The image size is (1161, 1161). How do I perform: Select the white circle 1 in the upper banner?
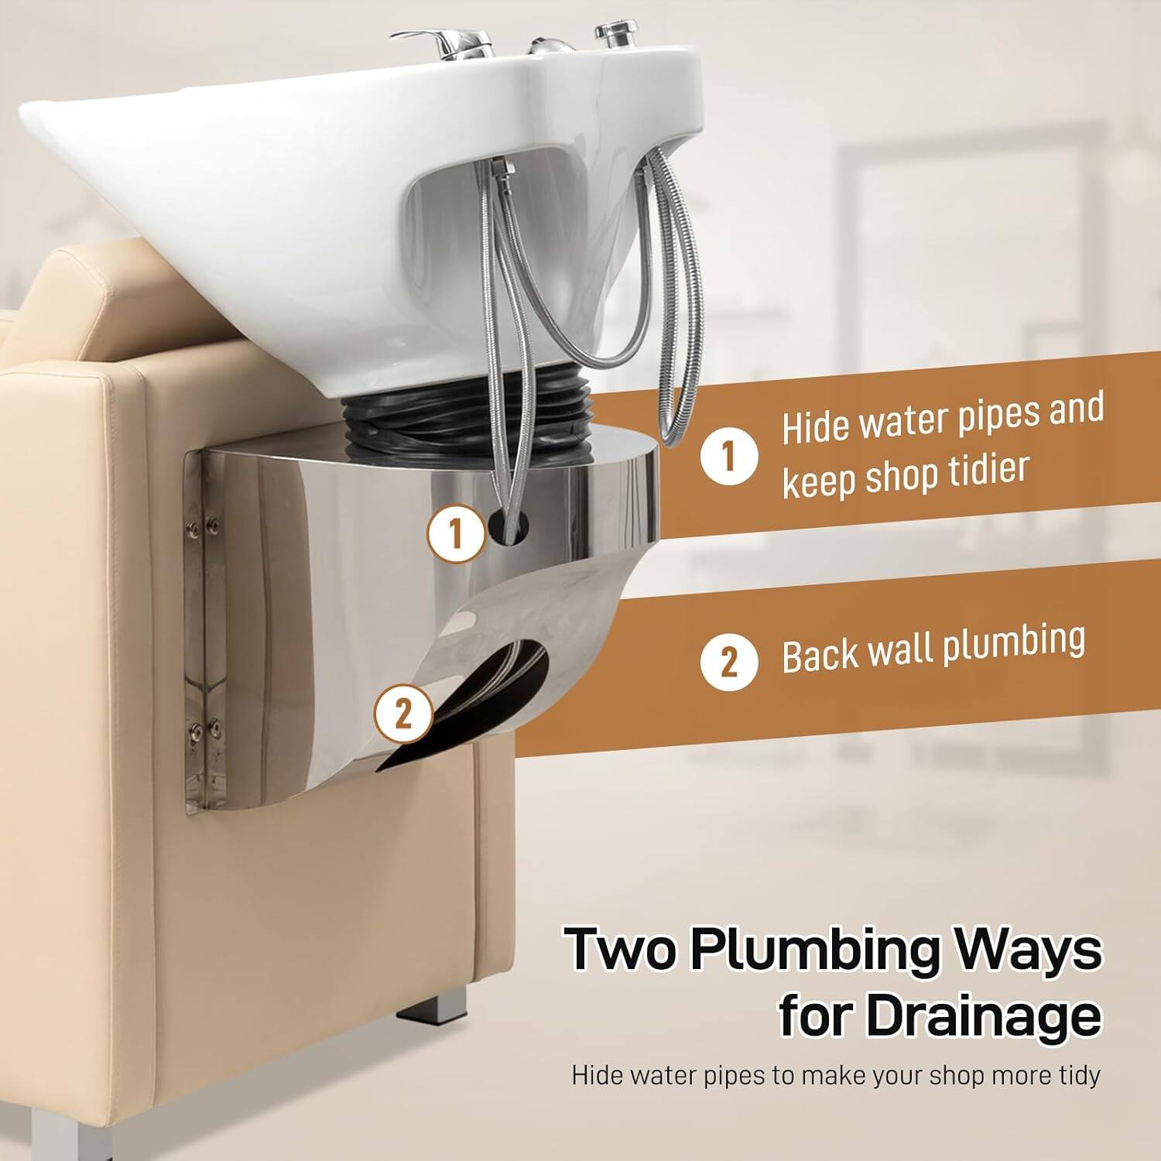pos(728,457)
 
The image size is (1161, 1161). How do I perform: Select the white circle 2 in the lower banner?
pos(728,662)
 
